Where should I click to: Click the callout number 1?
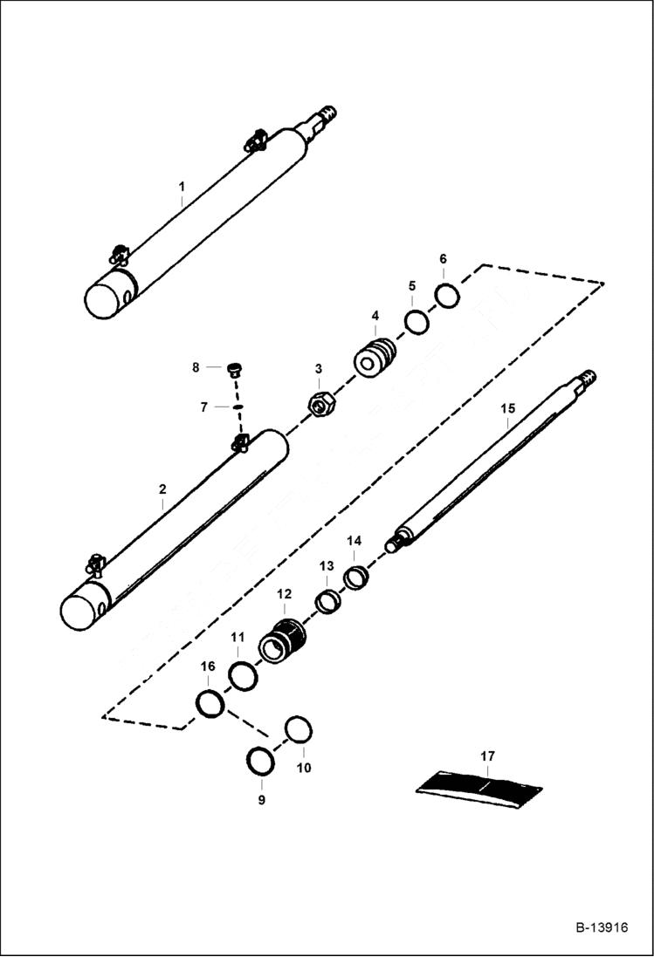182,186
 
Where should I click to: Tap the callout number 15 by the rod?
507,408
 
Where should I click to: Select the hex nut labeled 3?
319,405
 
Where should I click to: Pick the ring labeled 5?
416,321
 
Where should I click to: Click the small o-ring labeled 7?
237,407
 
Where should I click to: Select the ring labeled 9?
260,761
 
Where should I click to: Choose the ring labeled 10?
299,729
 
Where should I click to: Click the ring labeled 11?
243,675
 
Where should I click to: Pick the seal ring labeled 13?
327,601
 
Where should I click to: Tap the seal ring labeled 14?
355,577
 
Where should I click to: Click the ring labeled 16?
210,702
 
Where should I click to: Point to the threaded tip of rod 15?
590,379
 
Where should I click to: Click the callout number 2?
162,490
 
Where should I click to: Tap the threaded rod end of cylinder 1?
327,115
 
